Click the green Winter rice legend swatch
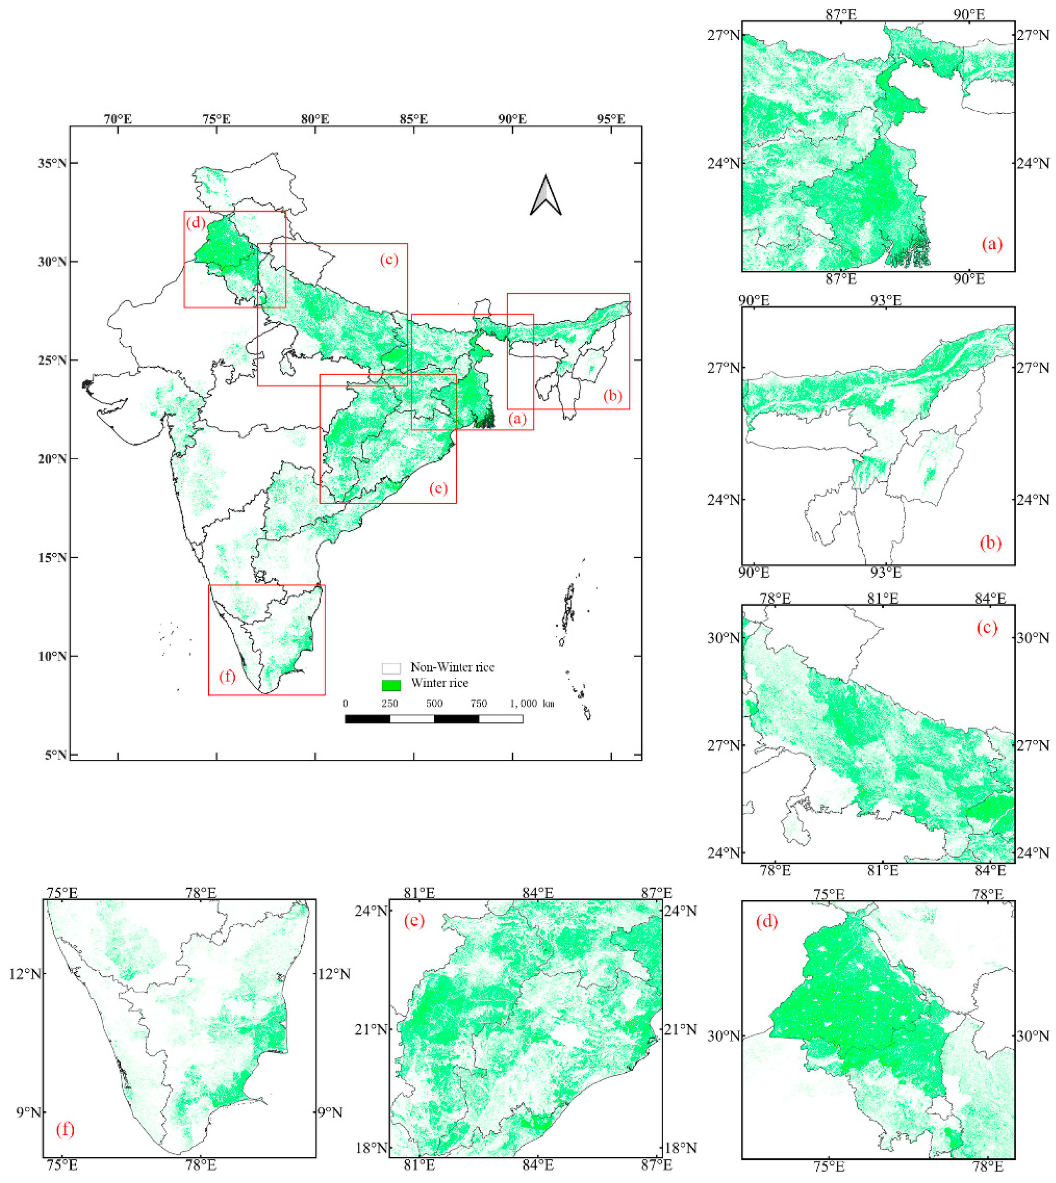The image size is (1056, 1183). [391, 685]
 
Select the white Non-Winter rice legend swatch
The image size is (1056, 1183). [391, 668]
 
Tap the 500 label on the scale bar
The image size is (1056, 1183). [434, 703]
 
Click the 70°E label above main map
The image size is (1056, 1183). [118, 119]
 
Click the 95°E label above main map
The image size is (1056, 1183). [611, 119]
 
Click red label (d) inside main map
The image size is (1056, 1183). [195, 223]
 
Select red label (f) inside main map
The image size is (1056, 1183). [227, 676]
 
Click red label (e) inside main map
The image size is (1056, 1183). [438, 488]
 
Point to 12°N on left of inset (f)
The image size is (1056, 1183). [25, 973]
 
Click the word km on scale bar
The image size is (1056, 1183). [548, 704]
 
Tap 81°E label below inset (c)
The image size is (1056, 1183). [883, 870]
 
